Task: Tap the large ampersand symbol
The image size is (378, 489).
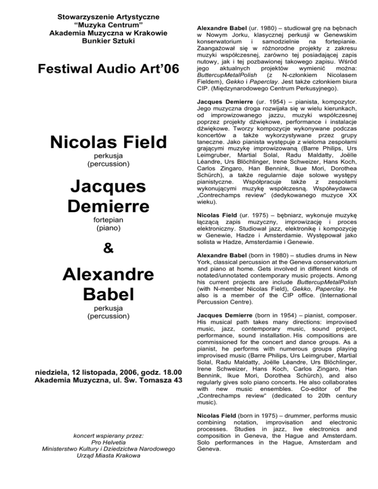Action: click(x=94, y=248)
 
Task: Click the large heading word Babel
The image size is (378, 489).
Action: click(x=94, y=295)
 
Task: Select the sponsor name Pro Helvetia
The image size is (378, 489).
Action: click(x=94, y=443)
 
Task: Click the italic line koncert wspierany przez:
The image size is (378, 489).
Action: click(x=94, y=435)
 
